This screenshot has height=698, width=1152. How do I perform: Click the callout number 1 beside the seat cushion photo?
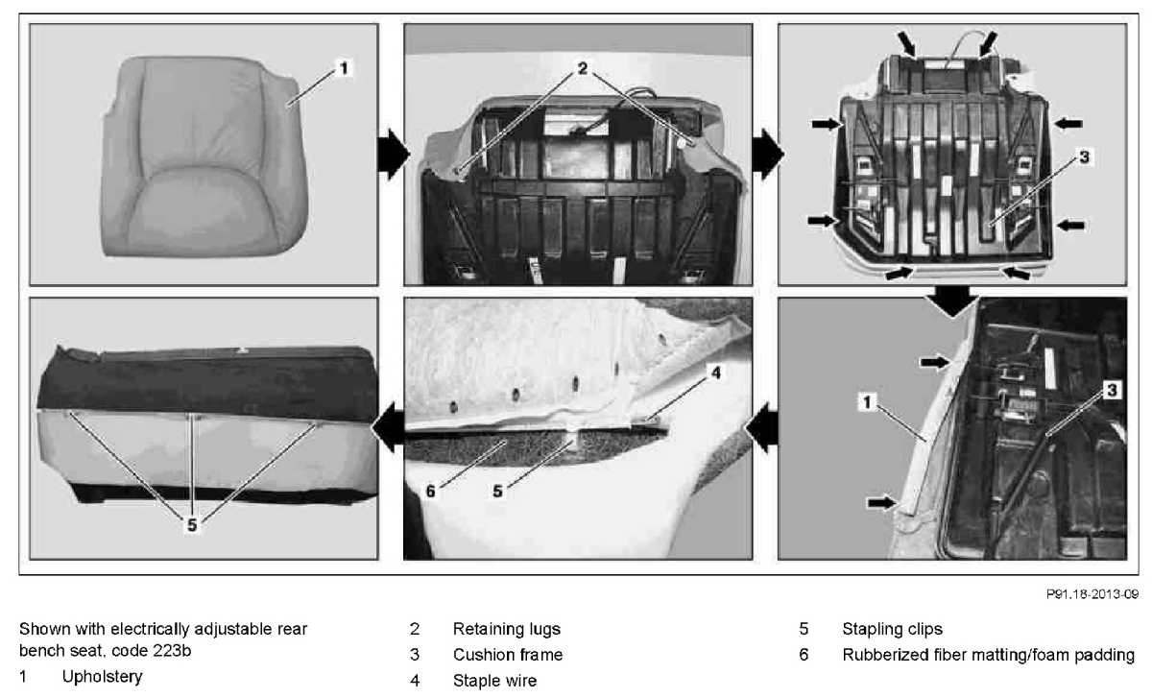(343, 68)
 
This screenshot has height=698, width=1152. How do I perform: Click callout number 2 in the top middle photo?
(582, 69)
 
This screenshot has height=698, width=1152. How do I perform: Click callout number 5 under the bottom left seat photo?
(193, 525)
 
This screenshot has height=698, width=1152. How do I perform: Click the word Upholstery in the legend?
(102, 677)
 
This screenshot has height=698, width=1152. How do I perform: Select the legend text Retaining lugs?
(506, 630)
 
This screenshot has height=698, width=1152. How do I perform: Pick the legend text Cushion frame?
(508, 655)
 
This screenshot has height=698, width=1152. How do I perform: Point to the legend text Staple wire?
(494, 681)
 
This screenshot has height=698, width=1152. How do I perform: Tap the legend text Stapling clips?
(892, 630)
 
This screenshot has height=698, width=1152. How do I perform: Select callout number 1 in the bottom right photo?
(866, 404)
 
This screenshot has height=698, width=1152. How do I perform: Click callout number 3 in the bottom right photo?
(1112, 389)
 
